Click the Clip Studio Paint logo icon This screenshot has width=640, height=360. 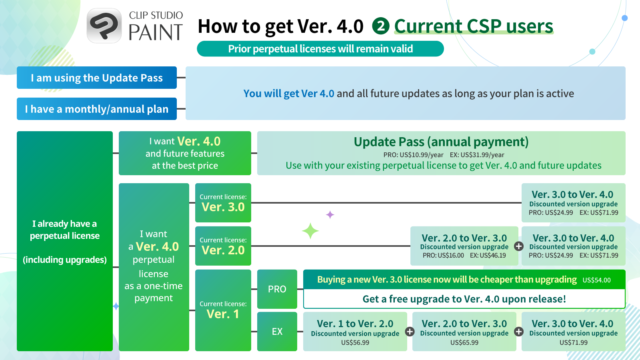pos(104,26)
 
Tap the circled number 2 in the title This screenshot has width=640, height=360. pos(380,26)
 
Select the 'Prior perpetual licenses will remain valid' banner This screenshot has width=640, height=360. pos(320,49)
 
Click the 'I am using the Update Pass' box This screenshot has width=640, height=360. pos(97,78)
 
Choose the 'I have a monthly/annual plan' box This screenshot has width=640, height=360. pos(97,109)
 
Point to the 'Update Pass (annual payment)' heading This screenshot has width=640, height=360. pos(441,142)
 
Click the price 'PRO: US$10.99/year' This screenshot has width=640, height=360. pos(413,155)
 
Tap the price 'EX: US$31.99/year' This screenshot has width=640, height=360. pos(477,155)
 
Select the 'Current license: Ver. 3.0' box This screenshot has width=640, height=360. pos(223,203)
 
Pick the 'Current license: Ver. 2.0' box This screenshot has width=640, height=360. pos(223,246)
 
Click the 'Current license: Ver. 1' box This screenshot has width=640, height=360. pos(223,310)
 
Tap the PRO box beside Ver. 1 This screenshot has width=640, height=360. pos(277,289)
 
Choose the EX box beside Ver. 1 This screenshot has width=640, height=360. pos(277,332)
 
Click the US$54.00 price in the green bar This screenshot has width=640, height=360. pos(596,280)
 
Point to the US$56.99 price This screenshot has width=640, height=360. pos(355,342)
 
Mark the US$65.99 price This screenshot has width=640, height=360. pos(464,342)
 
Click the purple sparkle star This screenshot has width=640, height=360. pos(330,214)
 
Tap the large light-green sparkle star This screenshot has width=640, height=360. pos(310,231)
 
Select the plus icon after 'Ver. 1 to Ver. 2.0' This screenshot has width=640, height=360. pos(410,332)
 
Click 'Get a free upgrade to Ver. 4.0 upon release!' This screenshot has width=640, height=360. pos(464,299)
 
